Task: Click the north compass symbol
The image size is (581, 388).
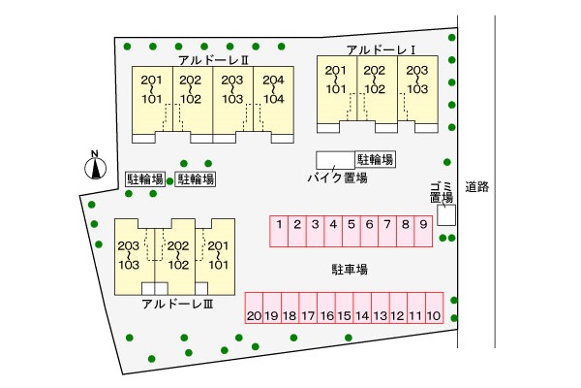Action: pos(94,168)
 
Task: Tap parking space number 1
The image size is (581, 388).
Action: pos(278,229)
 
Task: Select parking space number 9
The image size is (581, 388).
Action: pos(422,229)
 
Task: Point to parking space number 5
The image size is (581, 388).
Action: pos(351,229)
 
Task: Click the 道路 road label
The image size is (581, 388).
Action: pos(475,186)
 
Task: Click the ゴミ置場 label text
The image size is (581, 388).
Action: pos(442,192)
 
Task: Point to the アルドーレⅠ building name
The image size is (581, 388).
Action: pos(380,50)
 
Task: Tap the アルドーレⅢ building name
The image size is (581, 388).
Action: pos(177,305)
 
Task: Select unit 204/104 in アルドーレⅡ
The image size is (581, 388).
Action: pos(273,90)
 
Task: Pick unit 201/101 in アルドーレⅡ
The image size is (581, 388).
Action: pos(152,90)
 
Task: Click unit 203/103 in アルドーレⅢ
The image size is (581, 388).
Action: pos(129,255)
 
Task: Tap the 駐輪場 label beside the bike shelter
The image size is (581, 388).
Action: pos(376,159)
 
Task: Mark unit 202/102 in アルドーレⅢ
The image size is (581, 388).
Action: pos(176,255)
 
